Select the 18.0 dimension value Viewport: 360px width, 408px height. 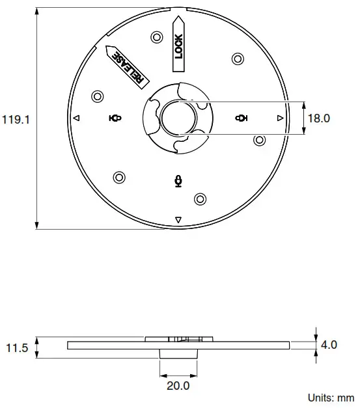pyautogui.click(x=319, y=118)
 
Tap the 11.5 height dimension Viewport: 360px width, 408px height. pyautogui.click(x=17, y=348)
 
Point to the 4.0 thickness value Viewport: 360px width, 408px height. pyautogui.click(x=329, y=345)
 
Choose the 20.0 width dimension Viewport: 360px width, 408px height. pyautogui.click(x=178, y=386)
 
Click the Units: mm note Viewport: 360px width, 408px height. pyautogui.click(x=330, y=398)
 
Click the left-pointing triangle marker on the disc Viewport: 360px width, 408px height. pyautogui.click(x=76, y=118)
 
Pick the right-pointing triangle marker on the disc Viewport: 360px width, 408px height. pyautogui.click(x=279, y=118)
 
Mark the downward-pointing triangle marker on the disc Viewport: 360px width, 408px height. pyautogui.click(x=178, y=219)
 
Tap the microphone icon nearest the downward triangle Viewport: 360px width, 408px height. pyautogui.click(x=178, y=180)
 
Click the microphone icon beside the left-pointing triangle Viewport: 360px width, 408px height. pyautogui.click(x=115, y=118)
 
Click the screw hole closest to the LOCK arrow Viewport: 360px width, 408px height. pyautogui.click(x=156, y=36)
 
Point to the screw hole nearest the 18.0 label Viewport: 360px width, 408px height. pyautogui.click(x=259, y=140)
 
